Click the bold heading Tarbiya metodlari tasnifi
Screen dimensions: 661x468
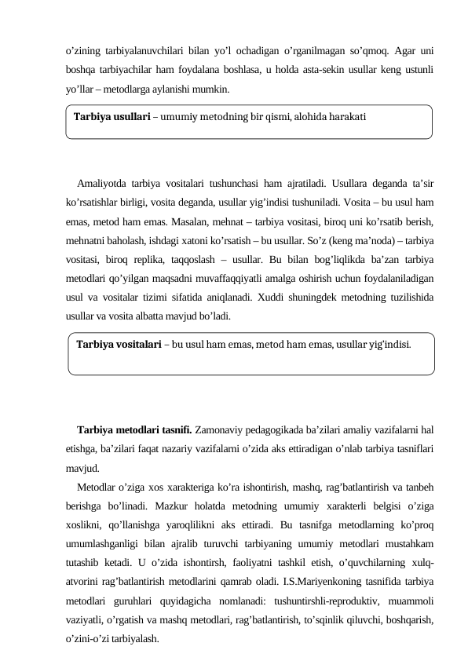134,430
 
